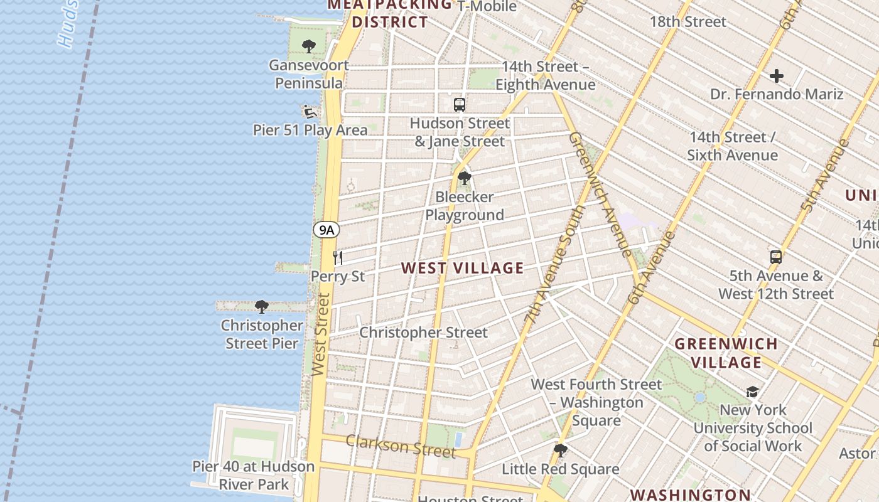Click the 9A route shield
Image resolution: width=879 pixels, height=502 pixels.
326,230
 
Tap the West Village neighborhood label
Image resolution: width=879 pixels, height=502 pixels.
462,268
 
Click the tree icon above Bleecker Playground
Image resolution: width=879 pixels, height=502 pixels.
464,178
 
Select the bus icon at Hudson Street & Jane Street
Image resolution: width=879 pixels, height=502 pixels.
460,105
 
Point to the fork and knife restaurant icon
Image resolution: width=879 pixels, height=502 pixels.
338,257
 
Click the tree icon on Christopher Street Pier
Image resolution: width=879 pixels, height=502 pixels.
261,307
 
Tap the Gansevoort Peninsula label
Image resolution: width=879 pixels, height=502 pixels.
309,74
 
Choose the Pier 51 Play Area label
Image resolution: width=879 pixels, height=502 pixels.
310,130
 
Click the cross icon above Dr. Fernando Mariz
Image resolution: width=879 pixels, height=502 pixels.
777,76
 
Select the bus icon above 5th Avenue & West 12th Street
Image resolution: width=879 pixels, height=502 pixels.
776,257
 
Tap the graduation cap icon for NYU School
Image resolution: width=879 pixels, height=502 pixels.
752,392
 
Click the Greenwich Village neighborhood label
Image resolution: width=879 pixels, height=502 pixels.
726,353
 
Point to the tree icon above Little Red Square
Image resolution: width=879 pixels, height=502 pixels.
560,450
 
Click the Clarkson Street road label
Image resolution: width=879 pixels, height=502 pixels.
401,446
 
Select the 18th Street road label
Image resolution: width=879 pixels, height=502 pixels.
688,21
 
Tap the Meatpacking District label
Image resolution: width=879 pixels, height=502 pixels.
390,14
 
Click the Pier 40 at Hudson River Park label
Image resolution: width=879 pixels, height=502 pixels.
254,475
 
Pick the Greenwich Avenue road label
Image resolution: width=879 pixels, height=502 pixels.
600,194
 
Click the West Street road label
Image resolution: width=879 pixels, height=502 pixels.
321,335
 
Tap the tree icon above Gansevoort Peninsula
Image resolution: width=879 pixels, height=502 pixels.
308,46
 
